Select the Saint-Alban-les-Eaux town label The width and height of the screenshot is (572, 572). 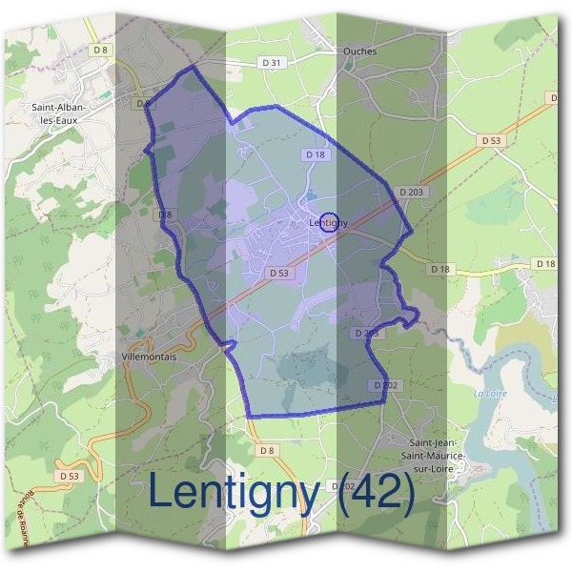point(59,114)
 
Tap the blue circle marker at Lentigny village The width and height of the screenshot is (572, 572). point(330,222)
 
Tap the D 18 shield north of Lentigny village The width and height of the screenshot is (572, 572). point(315,154)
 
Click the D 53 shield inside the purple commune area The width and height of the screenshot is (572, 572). point(278,273)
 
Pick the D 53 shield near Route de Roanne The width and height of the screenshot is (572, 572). point(69,475)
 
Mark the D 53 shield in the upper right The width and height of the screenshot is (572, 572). point(491,140)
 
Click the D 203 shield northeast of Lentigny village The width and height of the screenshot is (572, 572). point(411,192)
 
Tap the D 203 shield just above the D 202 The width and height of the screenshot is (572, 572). point(367,334)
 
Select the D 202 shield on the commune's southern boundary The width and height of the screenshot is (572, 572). point(383,384)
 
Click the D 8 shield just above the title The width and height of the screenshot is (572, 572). point(266,450)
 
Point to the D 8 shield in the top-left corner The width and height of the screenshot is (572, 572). point(101,49)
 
